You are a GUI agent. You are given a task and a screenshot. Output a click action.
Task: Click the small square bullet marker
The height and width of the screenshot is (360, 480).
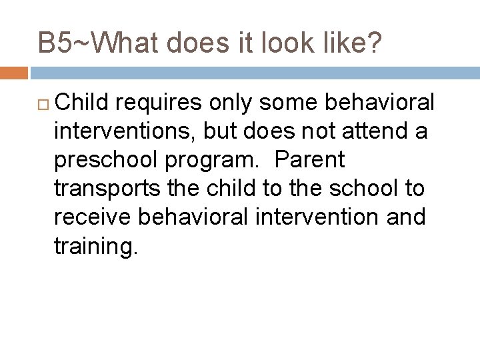(45, 105)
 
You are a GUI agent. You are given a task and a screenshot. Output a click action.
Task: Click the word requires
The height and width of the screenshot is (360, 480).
(171, 103)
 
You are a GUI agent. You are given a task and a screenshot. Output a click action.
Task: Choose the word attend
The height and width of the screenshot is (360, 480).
(383, 132)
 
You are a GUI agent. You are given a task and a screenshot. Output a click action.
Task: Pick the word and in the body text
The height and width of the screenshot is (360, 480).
(404, 218)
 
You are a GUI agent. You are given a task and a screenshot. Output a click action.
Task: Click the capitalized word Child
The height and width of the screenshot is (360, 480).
(84, 103)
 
